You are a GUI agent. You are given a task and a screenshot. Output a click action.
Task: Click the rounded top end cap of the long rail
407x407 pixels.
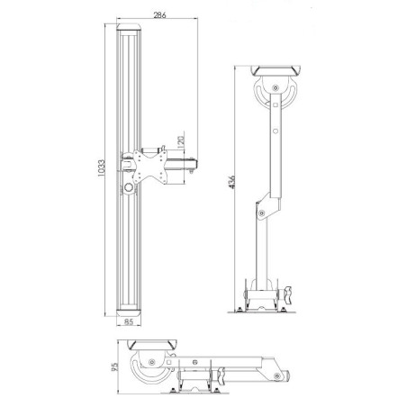[131, 31]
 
